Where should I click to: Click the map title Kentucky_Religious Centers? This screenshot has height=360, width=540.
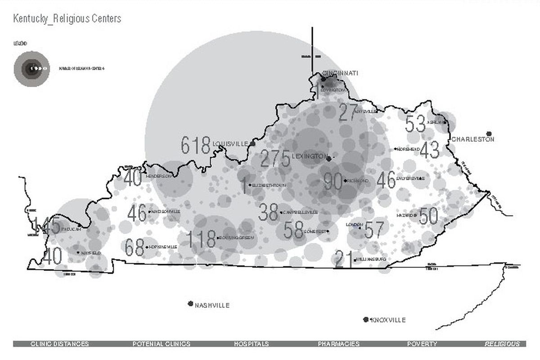[67, 19]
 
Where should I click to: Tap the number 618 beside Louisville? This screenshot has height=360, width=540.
[196, 146]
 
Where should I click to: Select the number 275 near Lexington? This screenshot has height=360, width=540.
[275, 159]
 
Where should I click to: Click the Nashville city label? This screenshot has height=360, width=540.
[212, 306]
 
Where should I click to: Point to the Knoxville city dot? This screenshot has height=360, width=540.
[366, 319]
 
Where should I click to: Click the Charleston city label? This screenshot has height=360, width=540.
[473, 139]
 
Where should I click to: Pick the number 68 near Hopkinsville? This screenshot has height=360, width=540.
[135, 247]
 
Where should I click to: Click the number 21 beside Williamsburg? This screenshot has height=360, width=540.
[344, 260]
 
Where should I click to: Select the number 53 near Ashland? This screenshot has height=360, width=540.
[415, 124]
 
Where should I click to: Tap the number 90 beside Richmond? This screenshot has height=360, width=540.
[333, 182]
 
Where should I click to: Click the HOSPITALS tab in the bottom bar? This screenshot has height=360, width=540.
[251, 344]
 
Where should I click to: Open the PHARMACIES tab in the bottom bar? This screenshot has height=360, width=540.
[338, 344]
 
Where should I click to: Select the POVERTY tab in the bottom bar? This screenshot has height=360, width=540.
[422, 344]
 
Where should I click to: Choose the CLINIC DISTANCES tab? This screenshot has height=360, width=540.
[59, 344]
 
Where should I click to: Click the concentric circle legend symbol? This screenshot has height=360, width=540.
[31, 69]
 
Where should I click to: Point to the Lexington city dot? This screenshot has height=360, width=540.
[329, 159]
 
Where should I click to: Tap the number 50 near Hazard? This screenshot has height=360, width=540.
[428, 216]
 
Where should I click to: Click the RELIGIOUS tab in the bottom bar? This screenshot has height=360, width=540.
[502, 344]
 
